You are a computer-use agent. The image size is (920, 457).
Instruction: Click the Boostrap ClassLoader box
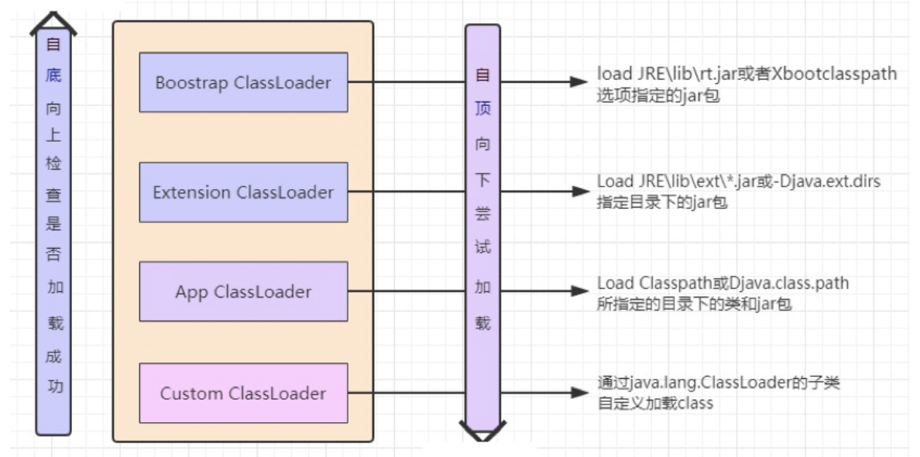pyautogui.click(x=243, y=82)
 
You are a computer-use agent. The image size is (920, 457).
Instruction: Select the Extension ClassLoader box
pyautogui.click(x=243, y=192)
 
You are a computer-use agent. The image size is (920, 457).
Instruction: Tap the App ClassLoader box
pyautogui.click(x=243, y=292)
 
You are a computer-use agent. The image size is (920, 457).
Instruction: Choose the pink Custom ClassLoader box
pyautogui.click(x=243, y=393)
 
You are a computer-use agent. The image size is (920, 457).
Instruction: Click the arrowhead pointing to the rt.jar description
pyautogui.click(x=578, y=82)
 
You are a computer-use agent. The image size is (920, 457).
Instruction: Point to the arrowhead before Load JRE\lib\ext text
pyautogui.click(x=578, y=191)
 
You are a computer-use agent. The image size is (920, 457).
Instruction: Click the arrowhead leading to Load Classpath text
pyautogui.click(x=578, y=292)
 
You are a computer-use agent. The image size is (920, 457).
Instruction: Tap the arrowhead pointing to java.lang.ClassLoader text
pyautogui.click(x=578, y=393)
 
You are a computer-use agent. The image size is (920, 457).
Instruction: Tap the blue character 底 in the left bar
pyautogui.click(x=53, y=76)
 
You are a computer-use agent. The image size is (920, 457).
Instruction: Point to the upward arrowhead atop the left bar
pyautogui.click(x=53, y=22)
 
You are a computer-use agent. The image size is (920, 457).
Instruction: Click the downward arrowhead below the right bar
pyautogui.click(x=482, y=431)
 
